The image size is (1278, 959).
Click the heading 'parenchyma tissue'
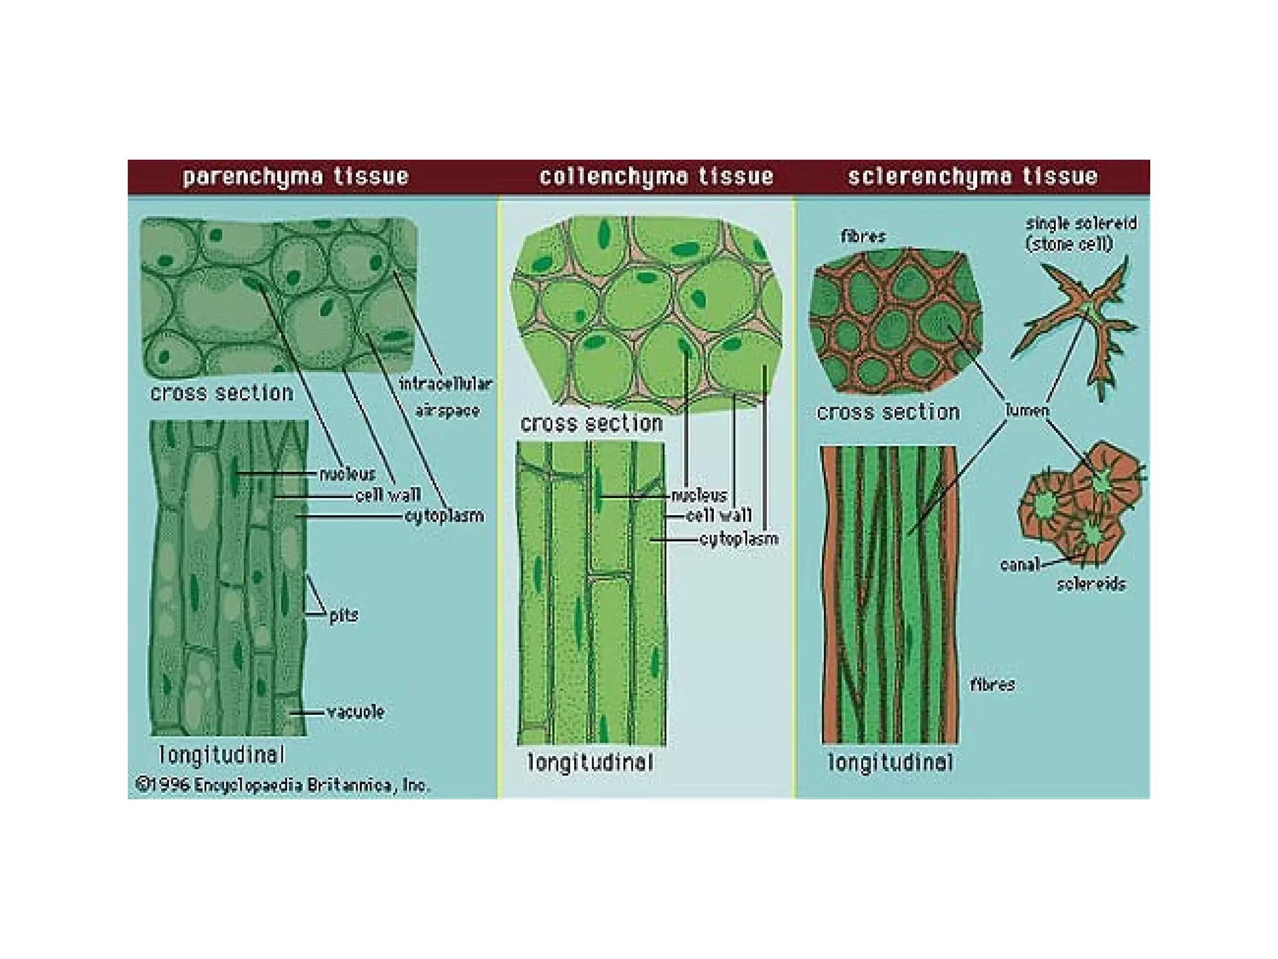[296, 177]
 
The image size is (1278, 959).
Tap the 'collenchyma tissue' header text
[656, 177]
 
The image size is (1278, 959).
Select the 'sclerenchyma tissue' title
[972, 177]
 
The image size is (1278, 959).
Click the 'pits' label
[344, 616]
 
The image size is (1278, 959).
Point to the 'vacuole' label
[356, 712]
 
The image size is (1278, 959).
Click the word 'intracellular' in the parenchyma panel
[446, 383]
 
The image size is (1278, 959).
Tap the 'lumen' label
[1027, 410]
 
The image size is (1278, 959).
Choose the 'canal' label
[1020, 565]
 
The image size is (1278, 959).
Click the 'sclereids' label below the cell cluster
[1091, 584]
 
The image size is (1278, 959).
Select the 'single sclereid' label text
[1081, 224]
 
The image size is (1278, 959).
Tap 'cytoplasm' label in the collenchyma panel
[739, 539]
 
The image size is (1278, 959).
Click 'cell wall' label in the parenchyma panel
[388, 496]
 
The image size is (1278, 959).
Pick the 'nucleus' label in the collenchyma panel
[700, 496]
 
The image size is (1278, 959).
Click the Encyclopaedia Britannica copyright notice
[283, 785]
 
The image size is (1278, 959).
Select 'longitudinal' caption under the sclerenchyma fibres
[890, 762]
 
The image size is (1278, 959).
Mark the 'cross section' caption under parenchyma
[222, 393]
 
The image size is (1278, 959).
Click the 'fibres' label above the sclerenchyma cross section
[863, 237]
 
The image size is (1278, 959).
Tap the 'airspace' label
[447, 411]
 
